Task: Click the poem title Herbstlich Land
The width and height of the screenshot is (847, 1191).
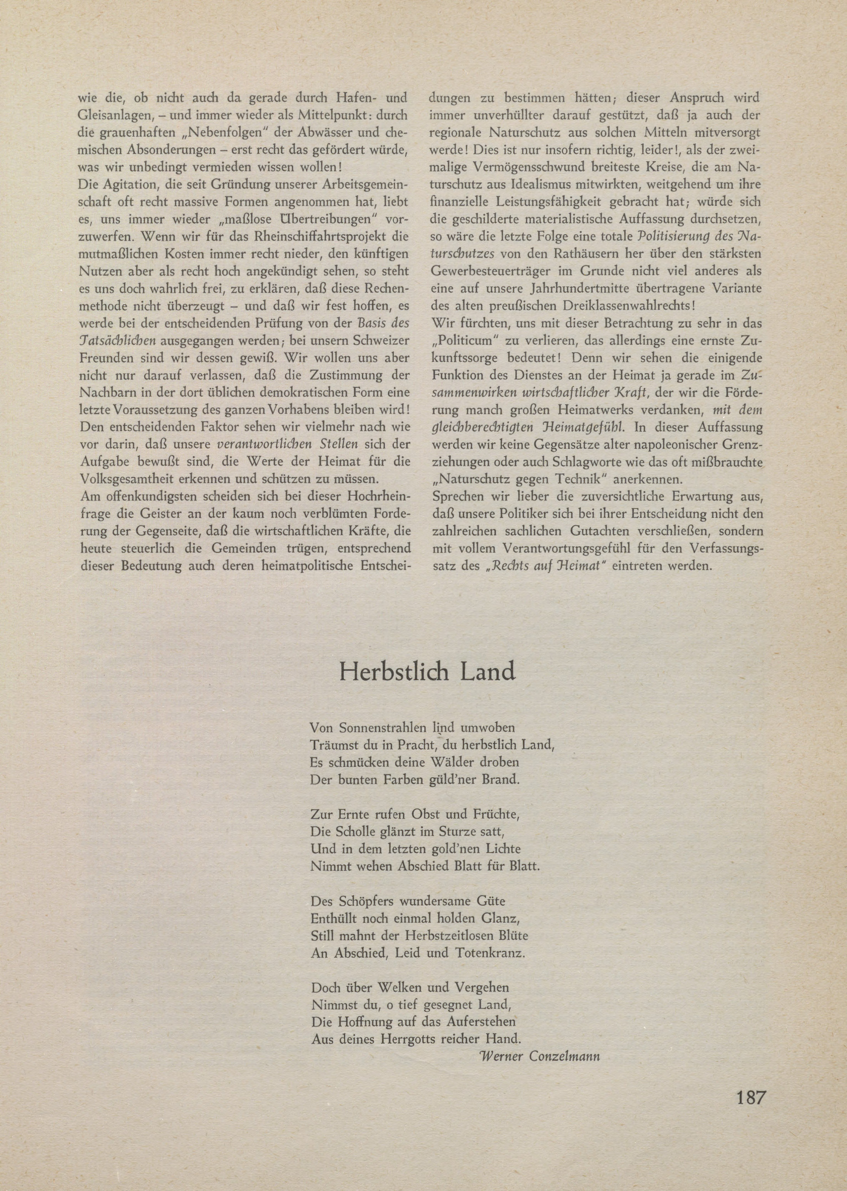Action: (x=427, y=672)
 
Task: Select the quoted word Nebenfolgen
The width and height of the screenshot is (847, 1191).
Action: (x=222, y=133)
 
